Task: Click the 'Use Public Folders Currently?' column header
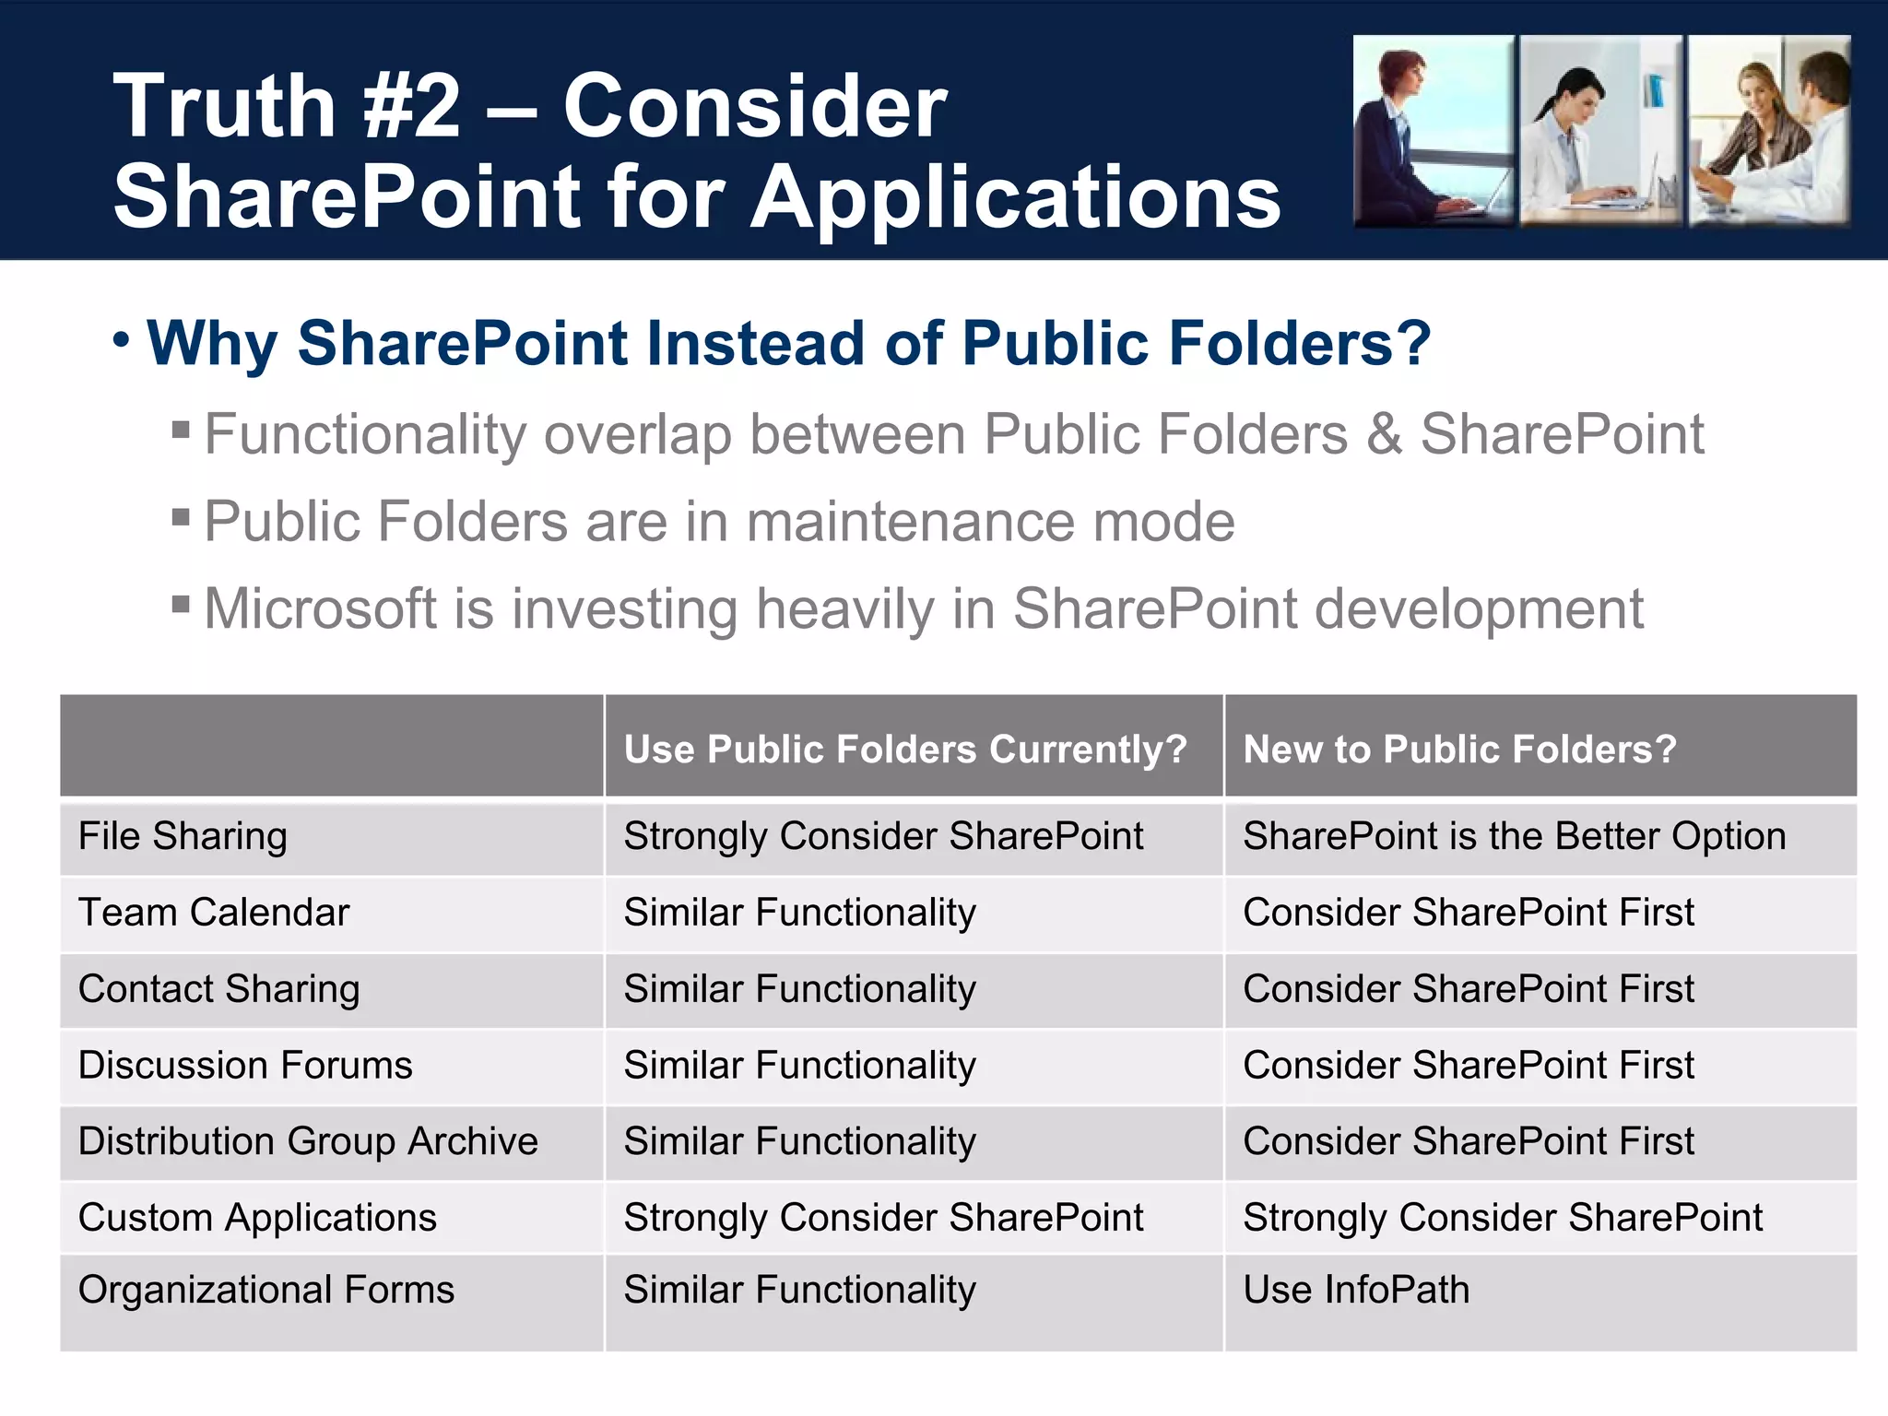pyautogui.click(x=905, y=749)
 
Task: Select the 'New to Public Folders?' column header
pyautogui.click(x=1459, y=749)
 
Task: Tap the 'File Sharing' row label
pyautogui.click(x=183, y=837)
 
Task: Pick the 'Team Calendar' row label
pyautogui.click(x=214, y=913)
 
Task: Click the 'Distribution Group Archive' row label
pyautogui.click(x=308, y=1141)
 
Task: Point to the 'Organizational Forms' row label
pyautogui.click(x=266, y=1290)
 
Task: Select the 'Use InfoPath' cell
pyautogui.click(x=1356, y=1290)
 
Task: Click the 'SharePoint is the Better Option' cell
pyautogui.click(x=1514, y=837)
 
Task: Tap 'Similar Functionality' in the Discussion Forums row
pyautogui.click(x=799, y=1066)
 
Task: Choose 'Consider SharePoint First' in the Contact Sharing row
pyautogui.click(x=1469, y=989)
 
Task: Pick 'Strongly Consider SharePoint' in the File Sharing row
pyautogui.click(x=883, y=837)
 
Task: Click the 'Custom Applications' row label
pyautogui.click(x=257, y=1218)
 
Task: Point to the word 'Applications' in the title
pyautogui.click(x=1015, y=197)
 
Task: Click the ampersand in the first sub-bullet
pyautogui.click(x=1383, y=434)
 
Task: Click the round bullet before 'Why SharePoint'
pyautogui.click(x=122, y=340)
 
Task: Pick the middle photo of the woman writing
pyautogui.click(x=1600, y=130)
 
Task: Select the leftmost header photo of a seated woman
pyautogui.click(x=1433, y=130)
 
